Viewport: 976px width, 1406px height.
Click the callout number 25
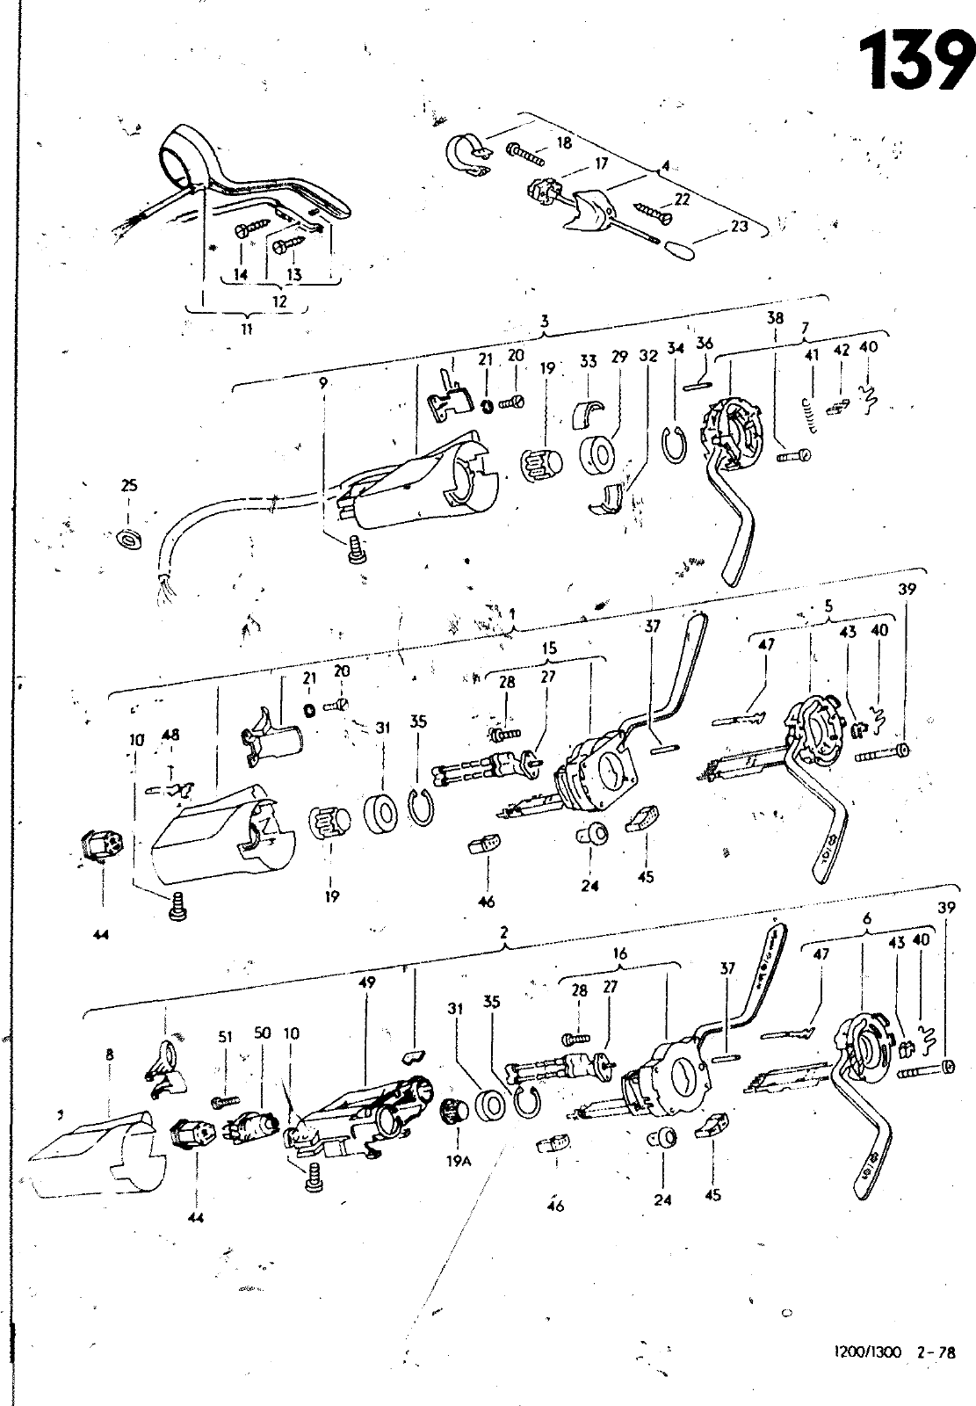click(x=129, y=485)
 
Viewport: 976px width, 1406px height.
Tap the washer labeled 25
click(x=127, y=535)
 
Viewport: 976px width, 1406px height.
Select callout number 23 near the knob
click(x=739, y=226)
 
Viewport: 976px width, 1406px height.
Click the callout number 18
click(x=564, y=143)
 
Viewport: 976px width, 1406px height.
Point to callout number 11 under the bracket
click(x=246, y=330)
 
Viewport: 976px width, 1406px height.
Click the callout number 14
click(x=241, y=274)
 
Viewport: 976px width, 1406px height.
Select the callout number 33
click(x=588, y=361)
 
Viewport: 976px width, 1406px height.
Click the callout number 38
click(x=775, y=319)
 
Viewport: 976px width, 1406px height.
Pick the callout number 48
click(x=170, y=735)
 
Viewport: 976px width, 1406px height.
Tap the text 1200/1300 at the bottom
click(x=869, y=1352)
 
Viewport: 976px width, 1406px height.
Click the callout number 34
click(x=675, y=349)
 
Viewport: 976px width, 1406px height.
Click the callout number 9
click(x=324, y=383)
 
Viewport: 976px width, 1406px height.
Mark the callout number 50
click(x=262, y=1033)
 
